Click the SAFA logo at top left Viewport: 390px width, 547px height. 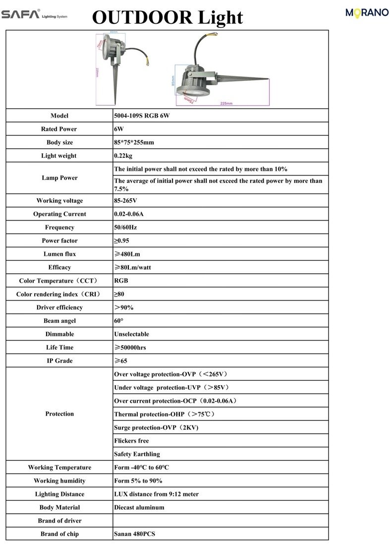tap(21, 14)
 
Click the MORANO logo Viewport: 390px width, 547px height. tap(367, 13)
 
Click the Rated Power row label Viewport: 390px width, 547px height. tap(59, 129)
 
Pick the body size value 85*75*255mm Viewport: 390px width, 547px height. tap(134, 142)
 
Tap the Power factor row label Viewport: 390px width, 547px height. tap(59, 241)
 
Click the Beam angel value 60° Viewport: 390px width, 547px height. tap(119, 321)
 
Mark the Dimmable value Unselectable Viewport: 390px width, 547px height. tap(131, 334)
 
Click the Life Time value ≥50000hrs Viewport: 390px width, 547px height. tap(130, 348)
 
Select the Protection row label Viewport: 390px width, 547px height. tap(59, 414)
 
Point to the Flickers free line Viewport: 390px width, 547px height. tap(131, 441)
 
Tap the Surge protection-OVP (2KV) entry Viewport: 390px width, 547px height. tap(156, 427)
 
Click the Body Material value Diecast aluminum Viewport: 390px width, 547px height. tap(139, 507)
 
